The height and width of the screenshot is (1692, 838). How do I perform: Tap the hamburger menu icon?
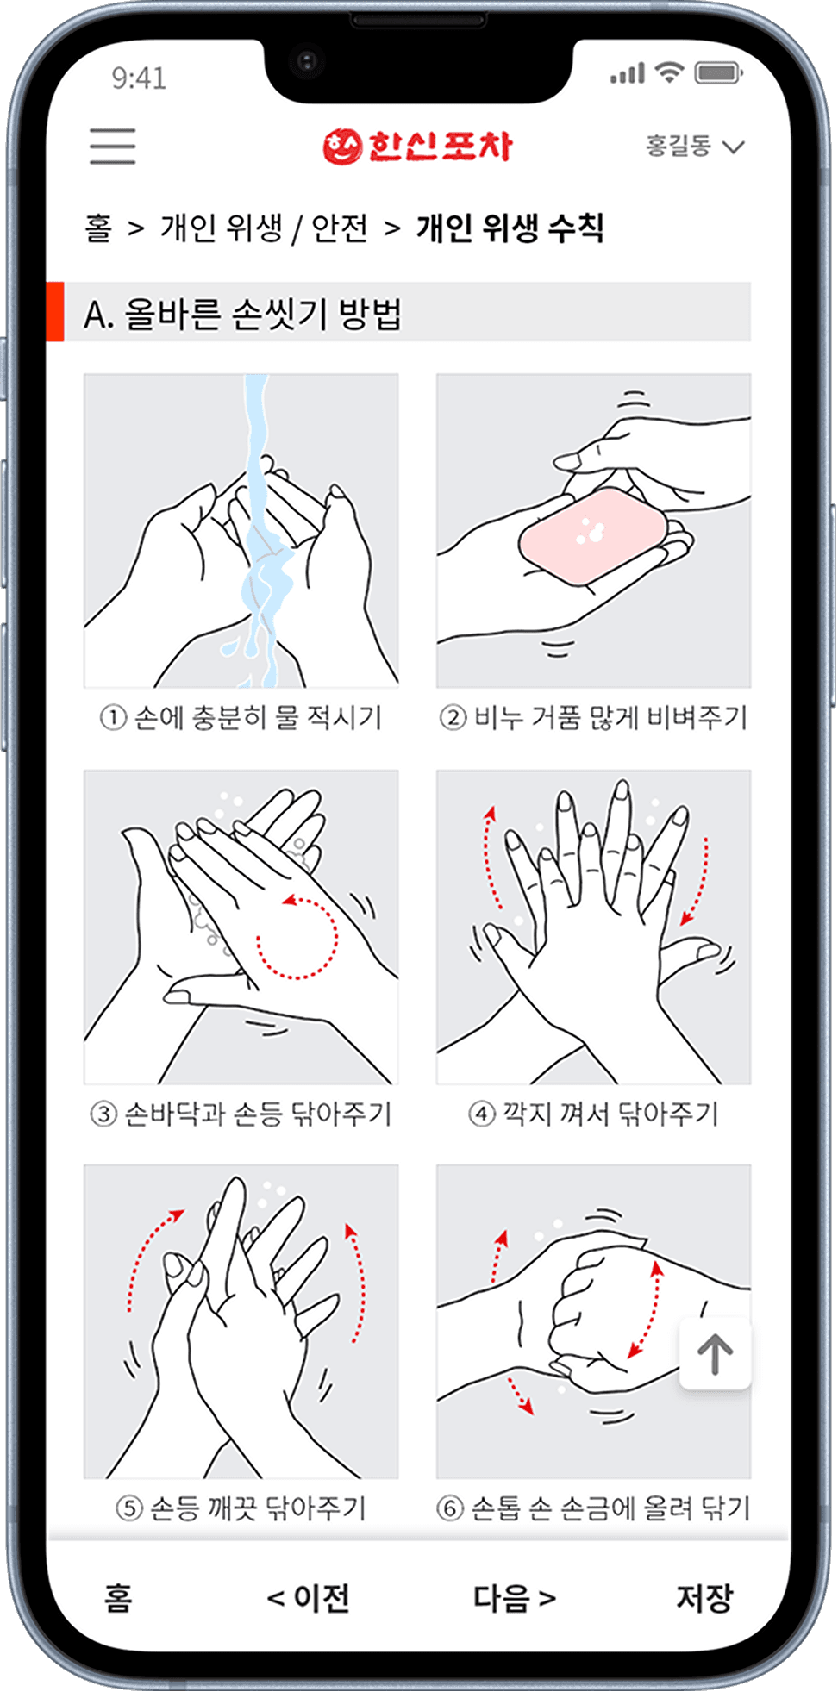(112, 146)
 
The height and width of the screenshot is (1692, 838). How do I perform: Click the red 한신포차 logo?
(417, 147)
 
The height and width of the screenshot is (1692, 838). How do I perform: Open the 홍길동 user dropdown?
(695, 146)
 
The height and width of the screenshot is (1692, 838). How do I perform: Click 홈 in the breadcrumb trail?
(98, 228)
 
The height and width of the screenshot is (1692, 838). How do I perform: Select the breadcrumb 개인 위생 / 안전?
(264, 228)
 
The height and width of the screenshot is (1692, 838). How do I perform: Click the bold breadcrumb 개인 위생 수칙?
(510, 228)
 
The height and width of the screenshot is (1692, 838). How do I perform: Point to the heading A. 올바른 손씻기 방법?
(243, 313)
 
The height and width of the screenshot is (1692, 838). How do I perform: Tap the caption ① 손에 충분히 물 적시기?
(241, 717)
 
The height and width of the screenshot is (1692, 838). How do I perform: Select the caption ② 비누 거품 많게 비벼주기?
(593, 717)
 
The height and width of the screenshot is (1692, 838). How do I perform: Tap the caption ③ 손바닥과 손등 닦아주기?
(241, 1114)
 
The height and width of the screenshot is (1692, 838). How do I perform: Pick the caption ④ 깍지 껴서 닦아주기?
(593, 1114)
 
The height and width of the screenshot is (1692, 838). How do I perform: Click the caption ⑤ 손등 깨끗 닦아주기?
(241, 1508)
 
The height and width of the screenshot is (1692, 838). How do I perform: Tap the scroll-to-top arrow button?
(715, 1353)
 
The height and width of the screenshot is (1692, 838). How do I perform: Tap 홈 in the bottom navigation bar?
(118, 1597)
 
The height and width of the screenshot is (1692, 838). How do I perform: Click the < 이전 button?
(309, 1597)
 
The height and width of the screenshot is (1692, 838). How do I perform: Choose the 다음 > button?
(515, 1597)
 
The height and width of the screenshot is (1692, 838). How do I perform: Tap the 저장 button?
(704, 1597)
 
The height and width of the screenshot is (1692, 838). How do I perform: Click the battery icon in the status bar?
(719, 73)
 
